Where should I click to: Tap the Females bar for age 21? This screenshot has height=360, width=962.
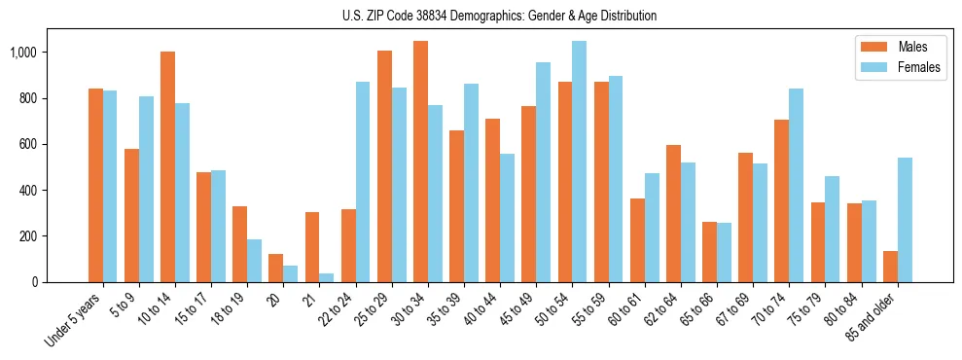pyautogui.click(x=327, y=277)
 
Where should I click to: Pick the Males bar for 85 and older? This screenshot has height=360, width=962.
pyautogui.click(x=890, y=267)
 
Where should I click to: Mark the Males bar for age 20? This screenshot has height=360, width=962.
pyautogui.click(x=276, y=268)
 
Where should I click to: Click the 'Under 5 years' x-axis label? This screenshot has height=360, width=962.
pyautogui.click(x=74, y=319)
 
